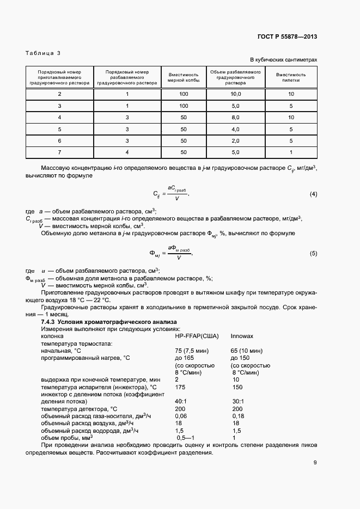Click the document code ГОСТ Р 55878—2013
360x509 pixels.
(287, 36)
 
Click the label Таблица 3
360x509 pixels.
(43, 53)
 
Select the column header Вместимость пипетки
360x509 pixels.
(291, 76)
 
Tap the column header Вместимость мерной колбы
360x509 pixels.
(184, 76)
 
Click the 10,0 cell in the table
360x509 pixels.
(235, 94)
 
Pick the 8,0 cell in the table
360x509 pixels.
(235, 117)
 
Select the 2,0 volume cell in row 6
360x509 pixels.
(235, 140)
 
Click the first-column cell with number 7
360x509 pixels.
(59, 152)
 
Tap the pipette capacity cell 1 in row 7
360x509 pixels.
(291, 152)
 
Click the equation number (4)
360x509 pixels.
(313, 194)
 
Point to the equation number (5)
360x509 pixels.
(313, 253)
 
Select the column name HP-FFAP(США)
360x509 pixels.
(196, 336)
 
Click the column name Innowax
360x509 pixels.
(242, 336)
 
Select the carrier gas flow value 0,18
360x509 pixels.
(239, 415)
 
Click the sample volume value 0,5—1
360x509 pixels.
(186, 437)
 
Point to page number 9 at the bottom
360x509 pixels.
(315, 463)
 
